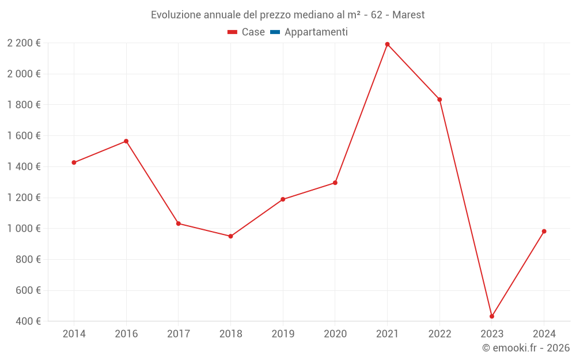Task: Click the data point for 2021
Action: point(387,44)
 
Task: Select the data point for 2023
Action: point(492,316)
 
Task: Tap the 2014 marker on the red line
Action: point(74,162)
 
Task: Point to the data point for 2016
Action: point(126,141)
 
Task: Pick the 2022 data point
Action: point(439,100)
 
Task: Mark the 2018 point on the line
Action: point(230,236)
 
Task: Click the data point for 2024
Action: point(544,232)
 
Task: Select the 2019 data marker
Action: point(283,199)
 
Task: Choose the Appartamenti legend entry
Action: point(316,32)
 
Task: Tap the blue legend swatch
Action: point(275,32)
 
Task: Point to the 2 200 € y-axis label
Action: point(24,43)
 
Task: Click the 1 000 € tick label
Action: point(24,229)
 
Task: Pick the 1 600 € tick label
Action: point(24,136)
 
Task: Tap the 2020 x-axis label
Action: point(335,334)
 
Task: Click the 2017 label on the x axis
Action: point(179,334)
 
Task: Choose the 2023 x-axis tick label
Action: point(492,334)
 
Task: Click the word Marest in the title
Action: point(408,15)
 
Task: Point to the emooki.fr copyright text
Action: point(526,348)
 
